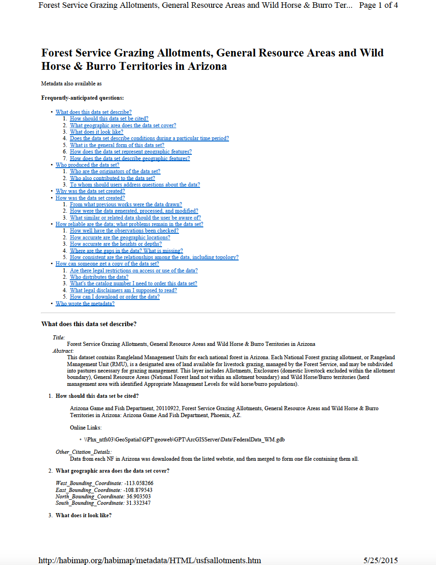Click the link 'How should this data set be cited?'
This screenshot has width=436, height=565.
pyautogui.click(x=109, y=119)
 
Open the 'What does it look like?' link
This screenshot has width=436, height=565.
pyautogui.click(x=96, y=132)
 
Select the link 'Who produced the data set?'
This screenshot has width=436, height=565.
pyautogui.click(x=87, y=165)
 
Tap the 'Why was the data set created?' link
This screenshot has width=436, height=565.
pyautogui.click(x=90, y=191)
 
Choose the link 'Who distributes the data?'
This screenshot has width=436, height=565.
pyautogui.click(x=99, y=277)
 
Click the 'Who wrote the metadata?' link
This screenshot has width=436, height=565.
pyautogui.click(x=85, y=304)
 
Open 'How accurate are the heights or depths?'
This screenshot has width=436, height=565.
pyautogui.click(x=116, y=244)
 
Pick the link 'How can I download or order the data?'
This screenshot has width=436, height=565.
pyautogui.click(x=115, y=297)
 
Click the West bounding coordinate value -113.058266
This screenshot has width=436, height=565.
pyautogui.click(x=139, y=483)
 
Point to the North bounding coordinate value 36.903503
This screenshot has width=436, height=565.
pyautogui.click(x=139, y=497)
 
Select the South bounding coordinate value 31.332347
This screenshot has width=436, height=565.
pyautogui.click(x=138, y=503)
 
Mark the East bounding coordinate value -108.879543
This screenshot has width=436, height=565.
pyautogui.click(x=138, y=490)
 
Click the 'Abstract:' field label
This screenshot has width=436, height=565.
pyautogui.click(x=63, y=351)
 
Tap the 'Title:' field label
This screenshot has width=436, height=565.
pyautogui.click(x=59, y=338)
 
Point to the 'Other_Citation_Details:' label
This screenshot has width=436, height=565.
pyautogui.click(x=84, y=452)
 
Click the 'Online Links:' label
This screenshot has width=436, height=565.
pyautogui.click(x=86, y=428)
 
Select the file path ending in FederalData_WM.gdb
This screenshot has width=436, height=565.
pyautogui.click(x=184, y=440)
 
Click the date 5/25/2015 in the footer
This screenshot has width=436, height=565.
pyautogui.click(x=380, y=560)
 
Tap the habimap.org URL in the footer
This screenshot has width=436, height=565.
pyautogui.click(x=150, y=560)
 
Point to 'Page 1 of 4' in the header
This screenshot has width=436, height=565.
pyautogui.click(x=378, y=6)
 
